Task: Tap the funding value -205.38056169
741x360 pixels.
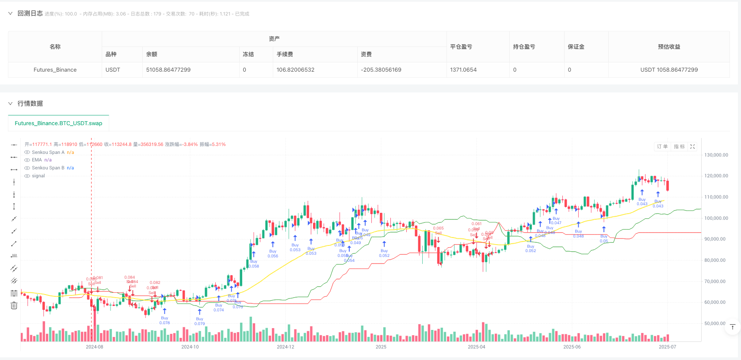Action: pyautogui.click(x=381, y=70)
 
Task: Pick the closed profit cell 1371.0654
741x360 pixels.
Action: pyautogui.click(x=463, y=70)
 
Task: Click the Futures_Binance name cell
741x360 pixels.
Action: pyautogui.click(x=55, y=70)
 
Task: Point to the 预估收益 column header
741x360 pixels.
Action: pyautogui.click(x=669, y=47)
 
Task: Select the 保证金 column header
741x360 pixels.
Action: pyautogui.click(x=576, y=47)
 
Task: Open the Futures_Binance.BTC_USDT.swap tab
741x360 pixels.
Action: pyautogui.click(x=58, y=123)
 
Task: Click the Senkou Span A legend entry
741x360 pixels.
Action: pyautogui.click(x=48, y=153)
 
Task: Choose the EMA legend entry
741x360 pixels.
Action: pyautogui.click(x=37, y=160)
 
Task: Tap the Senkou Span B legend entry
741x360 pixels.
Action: pyautogui.click(x=48, y=168)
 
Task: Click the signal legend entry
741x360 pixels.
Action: pyautogui.click(x=38, y=176)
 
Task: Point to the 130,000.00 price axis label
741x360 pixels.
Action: pyautogui.click(x=716, y=155)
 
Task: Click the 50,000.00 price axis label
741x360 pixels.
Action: pyautogui.click(x=714, y=324)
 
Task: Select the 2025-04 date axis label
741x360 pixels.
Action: pyautogui.click(x=476, y=347)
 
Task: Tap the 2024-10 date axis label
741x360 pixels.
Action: pyautogui.click(x=190, y=347)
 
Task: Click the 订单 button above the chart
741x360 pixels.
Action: pyautogui.click(x=662, y=147)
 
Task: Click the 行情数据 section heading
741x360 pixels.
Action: pyautogui.click(x=30, y=103)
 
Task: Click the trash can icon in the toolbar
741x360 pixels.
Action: pyautogui.click(x=14, y=306)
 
